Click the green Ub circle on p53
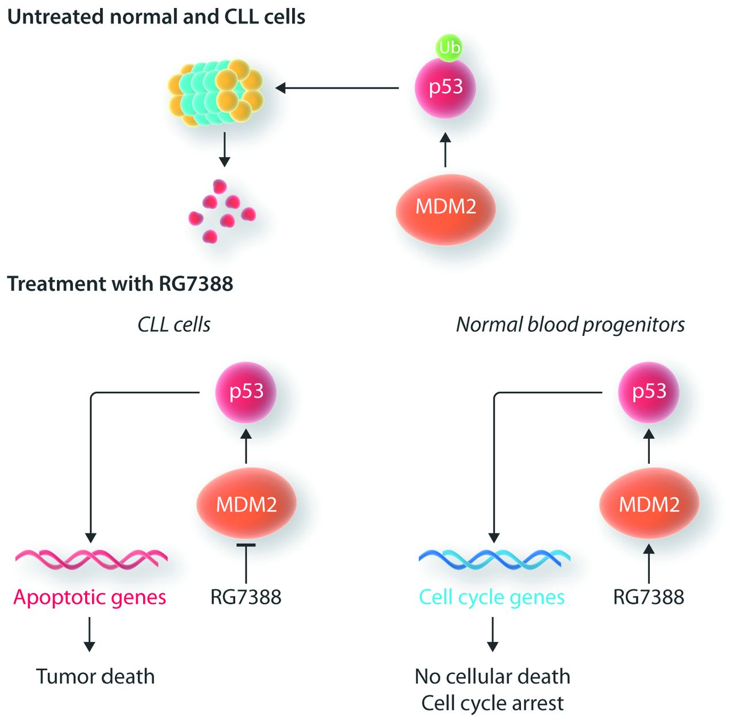click(449, 48)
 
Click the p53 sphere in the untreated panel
click(446, 87)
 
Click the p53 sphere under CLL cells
click(246, 392)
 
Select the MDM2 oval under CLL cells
click(246, 504)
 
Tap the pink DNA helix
click(91, 557)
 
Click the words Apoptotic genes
click(90, 597)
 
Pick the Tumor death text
click(95, 676)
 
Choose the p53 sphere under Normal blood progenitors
click(649, 392)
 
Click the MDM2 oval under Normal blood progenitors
click(649, 504)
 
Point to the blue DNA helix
click(494, 557)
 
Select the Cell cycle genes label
click(492, 597)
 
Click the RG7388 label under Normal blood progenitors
click(649, 597)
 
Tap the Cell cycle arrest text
click(492, 703)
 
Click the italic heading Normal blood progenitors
click(570, 325)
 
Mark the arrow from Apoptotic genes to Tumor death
click(89, 634)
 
